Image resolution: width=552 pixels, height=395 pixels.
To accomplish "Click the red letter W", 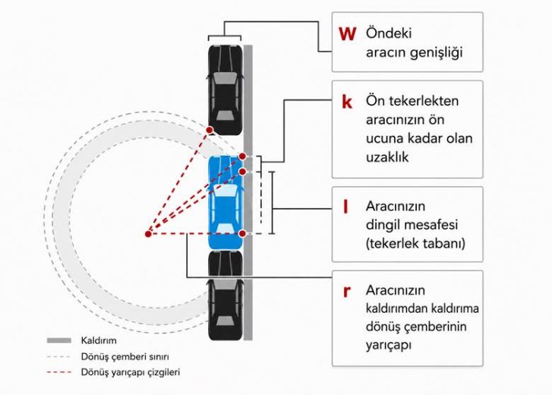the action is pyautogui.click(x=347, y=33).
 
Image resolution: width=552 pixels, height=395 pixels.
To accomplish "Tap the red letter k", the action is pyautogui.click(x=347, y=102).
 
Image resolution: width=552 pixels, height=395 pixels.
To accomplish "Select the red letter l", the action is pyautogui.click(x=345, y=207).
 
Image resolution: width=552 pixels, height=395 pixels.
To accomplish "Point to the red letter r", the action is pyautogui.click(x=347, y=292).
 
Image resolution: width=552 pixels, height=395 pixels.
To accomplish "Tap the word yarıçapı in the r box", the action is pyautogui.click(x=388, y=345).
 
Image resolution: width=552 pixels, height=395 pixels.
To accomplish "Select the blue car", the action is pyautogui.click(x=226, y=202).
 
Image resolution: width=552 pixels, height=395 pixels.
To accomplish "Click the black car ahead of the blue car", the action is pyautogui.click(x=226, y=90).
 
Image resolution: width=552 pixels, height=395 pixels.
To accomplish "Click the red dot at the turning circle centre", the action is pyautogui.click(x=148, y=234).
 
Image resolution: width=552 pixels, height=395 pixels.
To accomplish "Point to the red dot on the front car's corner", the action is pyautogui.click(x=210, y=130).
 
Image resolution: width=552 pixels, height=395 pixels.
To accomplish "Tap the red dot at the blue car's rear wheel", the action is pyautogui.click(x=242, y=233).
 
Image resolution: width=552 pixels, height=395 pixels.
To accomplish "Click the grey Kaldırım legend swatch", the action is pyautogui.click(x=59, y=340).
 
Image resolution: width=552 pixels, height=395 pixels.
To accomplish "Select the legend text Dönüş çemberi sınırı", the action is pyautogui.click(x=125, y=356).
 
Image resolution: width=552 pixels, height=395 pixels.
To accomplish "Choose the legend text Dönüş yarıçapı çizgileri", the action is pyautogui.click(x=131, y=372).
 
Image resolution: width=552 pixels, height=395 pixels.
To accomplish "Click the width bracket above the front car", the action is pyautogui.click(x=225, y=36).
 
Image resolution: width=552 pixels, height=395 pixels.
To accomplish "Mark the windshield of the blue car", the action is pyautogui.click(x=226, y=191).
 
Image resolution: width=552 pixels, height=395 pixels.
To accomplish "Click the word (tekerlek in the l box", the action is pyautogui.click(x=390, y=243).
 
